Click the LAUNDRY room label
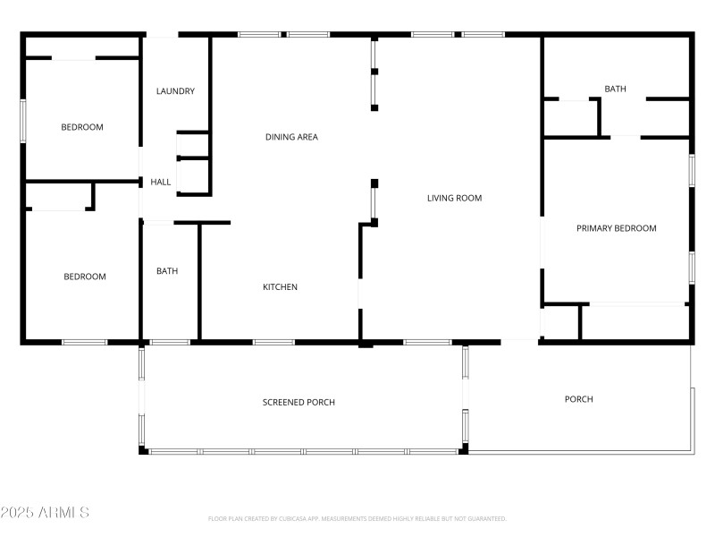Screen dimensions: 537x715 175,91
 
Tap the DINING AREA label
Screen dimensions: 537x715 291,137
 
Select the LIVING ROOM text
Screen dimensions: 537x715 454,198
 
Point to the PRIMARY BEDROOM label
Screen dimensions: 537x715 616,228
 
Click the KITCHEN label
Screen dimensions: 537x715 280,287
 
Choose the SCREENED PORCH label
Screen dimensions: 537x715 299,403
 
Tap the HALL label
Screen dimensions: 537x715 161,183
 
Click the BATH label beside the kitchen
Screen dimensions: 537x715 168,271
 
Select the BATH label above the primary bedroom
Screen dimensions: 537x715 615,89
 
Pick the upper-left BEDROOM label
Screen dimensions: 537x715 81,127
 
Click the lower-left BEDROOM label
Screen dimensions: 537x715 84,277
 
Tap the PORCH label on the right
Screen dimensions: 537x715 578,399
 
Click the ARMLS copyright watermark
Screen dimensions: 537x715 45,513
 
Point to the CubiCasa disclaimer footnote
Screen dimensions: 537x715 357,518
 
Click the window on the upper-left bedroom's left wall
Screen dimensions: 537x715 23,120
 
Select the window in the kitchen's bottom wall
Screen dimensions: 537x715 273,342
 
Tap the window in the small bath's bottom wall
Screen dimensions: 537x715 169,342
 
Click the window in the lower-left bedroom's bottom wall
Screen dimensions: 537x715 84,342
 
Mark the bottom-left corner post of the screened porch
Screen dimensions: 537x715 143,450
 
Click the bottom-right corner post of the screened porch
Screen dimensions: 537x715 463,449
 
